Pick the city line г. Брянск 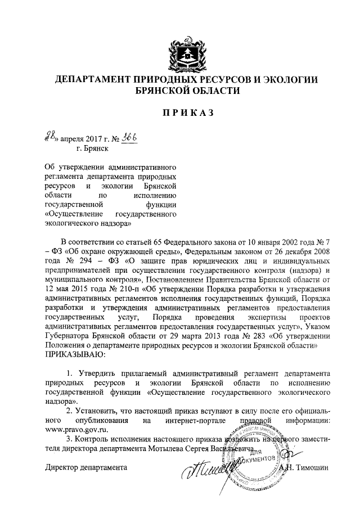93,149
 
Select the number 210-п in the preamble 123,289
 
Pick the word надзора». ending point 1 61,402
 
